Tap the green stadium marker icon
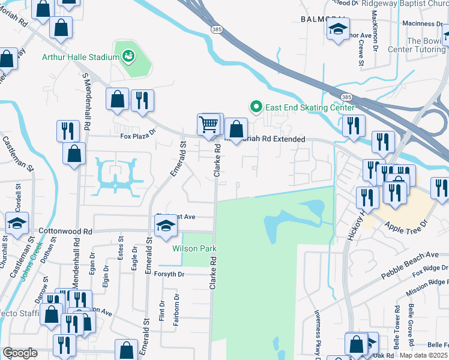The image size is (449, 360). tap(127, 57)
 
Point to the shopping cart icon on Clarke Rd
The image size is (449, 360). tap(208, 125)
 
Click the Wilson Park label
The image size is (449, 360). tap(194, 248)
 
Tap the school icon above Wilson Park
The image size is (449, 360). tap(165, 227)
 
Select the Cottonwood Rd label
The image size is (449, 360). tap(65, 231)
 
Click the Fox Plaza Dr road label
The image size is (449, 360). tap(137, 136)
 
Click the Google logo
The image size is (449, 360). tap(20, 353)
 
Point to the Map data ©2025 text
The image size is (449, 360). tap(424, 355)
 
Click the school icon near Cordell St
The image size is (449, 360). tap(17, 223)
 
